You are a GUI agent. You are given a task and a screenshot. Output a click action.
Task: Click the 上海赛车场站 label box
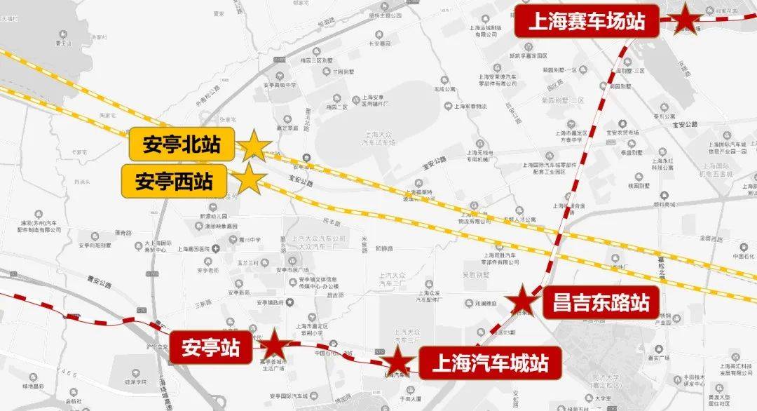click(587, 22)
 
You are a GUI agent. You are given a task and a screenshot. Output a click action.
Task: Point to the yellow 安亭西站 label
click(174, 181)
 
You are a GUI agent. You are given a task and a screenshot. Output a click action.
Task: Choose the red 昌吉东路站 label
click(596, 303)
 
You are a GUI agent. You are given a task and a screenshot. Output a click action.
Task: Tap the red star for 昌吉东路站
click(523, 302)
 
